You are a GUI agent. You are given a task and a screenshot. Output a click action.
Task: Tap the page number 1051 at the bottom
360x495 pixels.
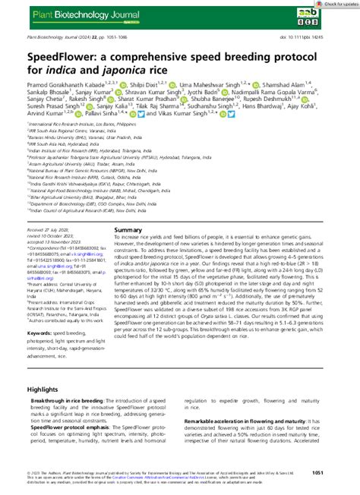[339, 472]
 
